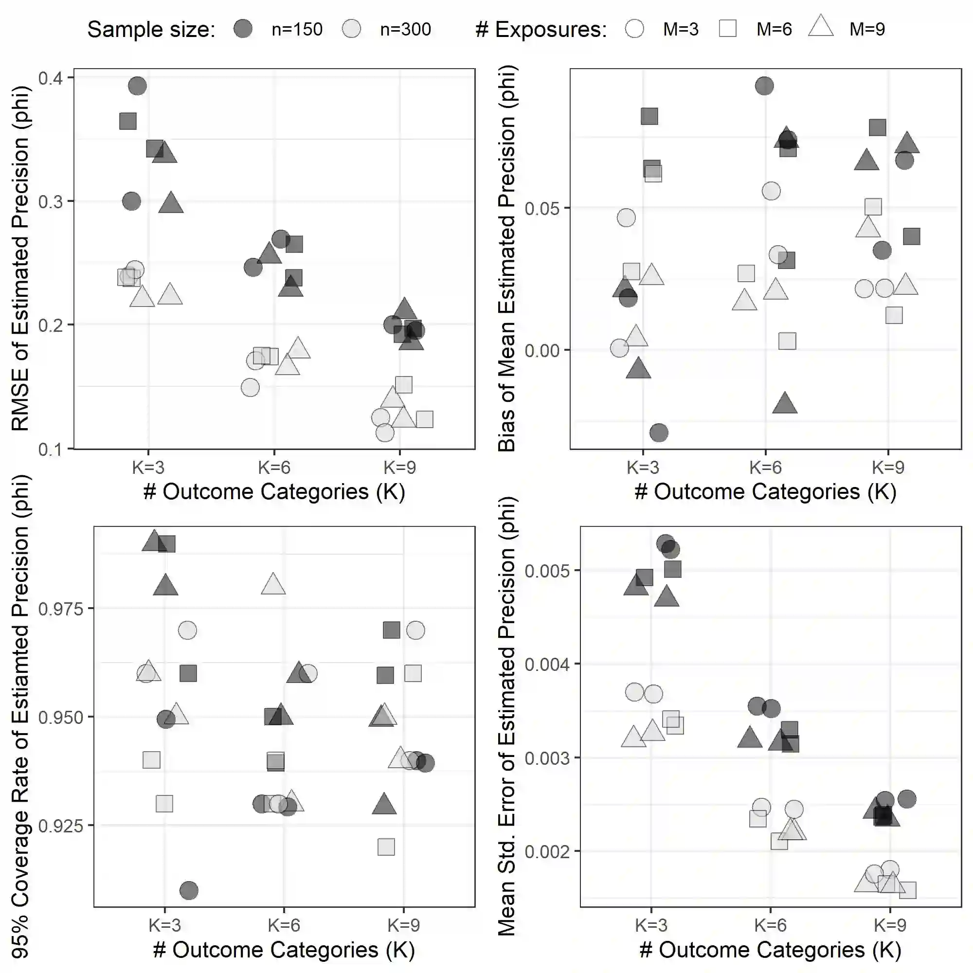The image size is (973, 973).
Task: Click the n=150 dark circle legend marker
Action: [x=243, y=29]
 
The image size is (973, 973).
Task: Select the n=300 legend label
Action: [x=405, y=29]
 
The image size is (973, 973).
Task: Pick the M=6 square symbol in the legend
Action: [x=728, y=29]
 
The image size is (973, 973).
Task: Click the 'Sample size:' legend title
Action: [x=151, y=29]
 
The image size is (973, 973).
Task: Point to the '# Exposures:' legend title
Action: [x=541, y=29]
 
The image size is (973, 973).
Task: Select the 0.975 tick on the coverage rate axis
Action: [x=60, y=609]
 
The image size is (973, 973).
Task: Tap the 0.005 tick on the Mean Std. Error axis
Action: [x=547, y=571]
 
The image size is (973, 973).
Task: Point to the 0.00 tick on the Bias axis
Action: [x=542, y=350]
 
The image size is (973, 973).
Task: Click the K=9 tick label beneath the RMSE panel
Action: [x=400, y=468]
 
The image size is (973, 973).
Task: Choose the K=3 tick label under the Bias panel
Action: [x=643, y=468]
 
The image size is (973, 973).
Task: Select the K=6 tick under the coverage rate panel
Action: [x=284, y=925]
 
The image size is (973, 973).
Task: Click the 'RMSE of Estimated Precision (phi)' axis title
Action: [x=20, y=258]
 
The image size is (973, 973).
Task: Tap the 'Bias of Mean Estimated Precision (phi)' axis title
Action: [x=506, y=258]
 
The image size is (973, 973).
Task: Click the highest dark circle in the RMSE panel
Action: [x=138, y=86]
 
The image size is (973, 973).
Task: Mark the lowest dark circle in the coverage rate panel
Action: [x=189, y=890]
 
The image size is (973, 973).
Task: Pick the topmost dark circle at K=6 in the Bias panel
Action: [x=764, y=86]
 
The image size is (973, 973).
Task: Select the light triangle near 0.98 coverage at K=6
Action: [x=273, y=584]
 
